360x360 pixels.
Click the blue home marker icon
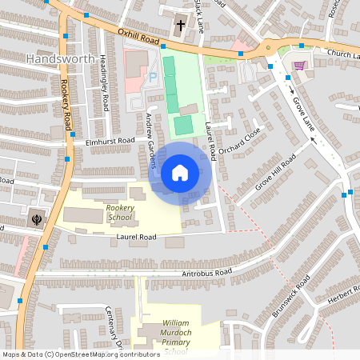click(x=180, y=172)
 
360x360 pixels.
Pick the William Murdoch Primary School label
click(x=169, y=336)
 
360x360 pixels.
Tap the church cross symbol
click(x=180, y=25)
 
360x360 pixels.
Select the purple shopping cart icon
click(x=299, y=66)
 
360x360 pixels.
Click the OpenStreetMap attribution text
click(x=81, y=354)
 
